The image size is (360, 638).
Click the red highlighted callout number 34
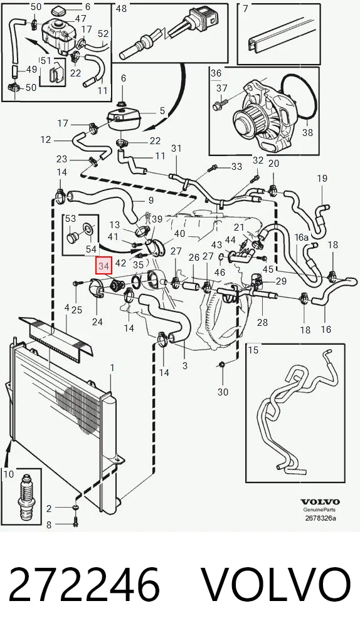click(104, 266)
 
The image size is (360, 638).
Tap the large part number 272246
click(84, 584)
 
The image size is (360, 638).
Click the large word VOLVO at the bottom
click(277, 584)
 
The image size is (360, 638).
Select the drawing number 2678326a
click(320, 518)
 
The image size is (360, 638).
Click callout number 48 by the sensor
click(121, 8)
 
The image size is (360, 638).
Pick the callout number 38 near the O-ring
click(307, 133)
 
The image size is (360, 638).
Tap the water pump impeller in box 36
click(249, 118)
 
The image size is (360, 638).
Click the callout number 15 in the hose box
click(253, 350)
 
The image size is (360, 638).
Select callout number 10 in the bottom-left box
click(9, 474)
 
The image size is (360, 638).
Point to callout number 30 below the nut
click(223, 392)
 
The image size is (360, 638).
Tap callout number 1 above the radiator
click(112, 369)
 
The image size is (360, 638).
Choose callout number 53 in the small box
click(70, 219)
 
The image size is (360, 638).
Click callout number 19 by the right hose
click(322, 178)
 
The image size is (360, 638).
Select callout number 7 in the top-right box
click(245, 8)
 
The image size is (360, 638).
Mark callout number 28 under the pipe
click(262, 323)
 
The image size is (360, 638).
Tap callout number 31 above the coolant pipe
click(176, 149)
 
